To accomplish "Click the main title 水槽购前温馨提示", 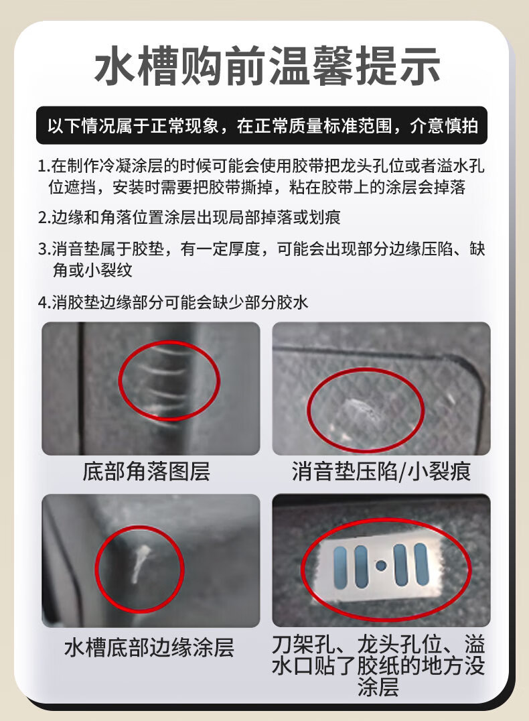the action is coord(267,65).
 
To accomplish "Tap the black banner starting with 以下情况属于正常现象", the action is coord(262,125).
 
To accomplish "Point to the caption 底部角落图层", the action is coord(146,472).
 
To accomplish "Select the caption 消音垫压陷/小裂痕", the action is coord(381,472).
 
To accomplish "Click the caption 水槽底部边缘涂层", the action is coord(149,648).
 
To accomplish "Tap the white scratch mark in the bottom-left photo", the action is coord(139,564).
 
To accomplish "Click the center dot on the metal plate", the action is coord(380,565).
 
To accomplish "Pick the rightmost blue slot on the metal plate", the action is coord(421,565).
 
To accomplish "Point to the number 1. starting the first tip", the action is coord(44,166).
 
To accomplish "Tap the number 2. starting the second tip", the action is coord(45,218).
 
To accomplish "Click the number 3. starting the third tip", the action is coord(45,249).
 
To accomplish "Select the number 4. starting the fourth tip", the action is coord(45,303).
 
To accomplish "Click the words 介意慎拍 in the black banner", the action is coord(444,125).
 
